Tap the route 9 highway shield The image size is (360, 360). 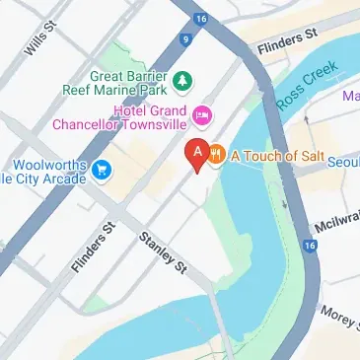click(183, 40)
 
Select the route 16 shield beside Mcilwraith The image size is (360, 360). click(312, 245)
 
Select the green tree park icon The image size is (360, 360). click(182, 79)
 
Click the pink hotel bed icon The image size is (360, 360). click(203, 116)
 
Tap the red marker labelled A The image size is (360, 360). click(196, 154)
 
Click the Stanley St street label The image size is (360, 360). click(163, 252)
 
